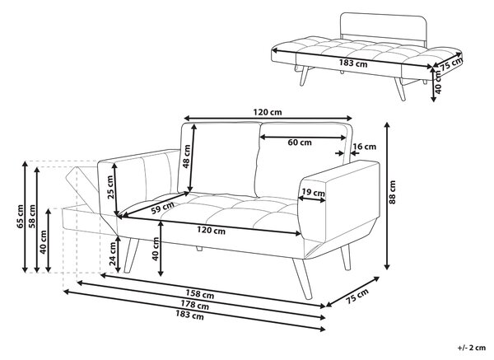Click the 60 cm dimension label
click(x=300, y=143)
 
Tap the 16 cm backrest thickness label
click(x=365, y=147)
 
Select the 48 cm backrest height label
click(x=187, y=157)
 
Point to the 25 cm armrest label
click(x=110, y=187)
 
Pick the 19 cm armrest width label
click(x=313, y=192)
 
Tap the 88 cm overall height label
click(x=392, y=192)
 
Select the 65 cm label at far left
click(x=20, y=217)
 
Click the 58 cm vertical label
click(x=32, y=217)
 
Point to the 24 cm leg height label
click(x=113, y=254)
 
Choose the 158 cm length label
click(x=200, y=294)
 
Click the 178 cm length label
click(x=194, y=305)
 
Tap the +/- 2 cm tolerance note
click(x=472, y=348)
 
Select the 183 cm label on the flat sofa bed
click(x=353, y=63)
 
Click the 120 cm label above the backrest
click(x=268, y=112)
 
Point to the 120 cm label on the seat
click(x=211, y=231)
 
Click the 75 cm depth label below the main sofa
click(x=357, y=297)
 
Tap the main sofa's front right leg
click(x=302, y=278)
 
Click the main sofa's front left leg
click(x=131, y=255)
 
